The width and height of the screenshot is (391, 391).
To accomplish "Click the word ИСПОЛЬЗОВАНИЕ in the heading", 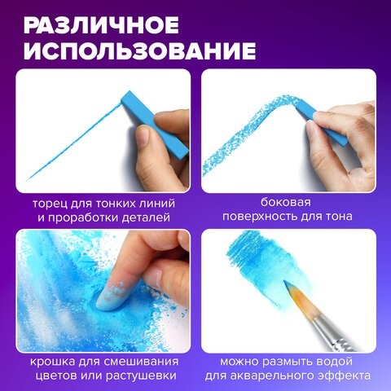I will (x=135, y=51).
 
